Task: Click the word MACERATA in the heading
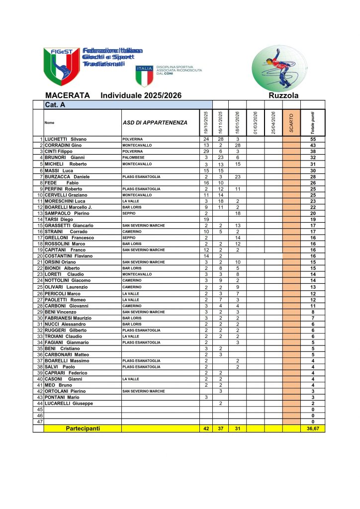(67, 95)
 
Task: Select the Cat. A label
(55, 105)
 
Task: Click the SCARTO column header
(291, 123)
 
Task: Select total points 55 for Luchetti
(313, 139)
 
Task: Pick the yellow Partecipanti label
(83, 428)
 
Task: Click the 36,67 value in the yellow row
(313, 428)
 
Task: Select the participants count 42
(206, 428)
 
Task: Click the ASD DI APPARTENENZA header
(155, 123)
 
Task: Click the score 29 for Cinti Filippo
(206, 151)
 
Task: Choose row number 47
(40, 422)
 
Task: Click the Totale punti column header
(312, 123)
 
